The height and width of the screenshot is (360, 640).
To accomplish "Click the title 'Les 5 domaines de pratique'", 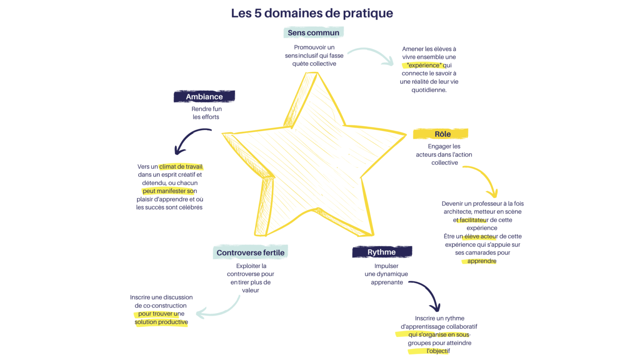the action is pyautogui.click(x=312, y=13).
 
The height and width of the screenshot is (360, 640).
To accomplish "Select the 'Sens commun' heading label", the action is pyautogui.click(x=313, y=32).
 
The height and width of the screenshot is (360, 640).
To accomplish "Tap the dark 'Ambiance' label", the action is pyautogui.click(x=204, y=97).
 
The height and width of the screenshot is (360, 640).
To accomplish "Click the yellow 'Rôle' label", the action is pyautogui.click(x=440, y=134).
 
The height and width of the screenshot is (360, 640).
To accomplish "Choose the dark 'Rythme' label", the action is pyautogui.click(x=382, y=252).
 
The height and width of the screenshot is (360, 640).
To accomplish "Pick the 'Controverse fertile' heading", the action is pyautogui.click(x=250, y=252).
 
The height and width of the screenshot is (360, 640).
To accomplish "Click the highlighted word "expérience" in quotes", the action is pyautogui.click(x=424, y=65).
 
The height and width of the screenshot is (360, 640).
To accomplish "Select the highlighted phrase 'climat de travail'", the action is pyautogui.click(x=181, y=167).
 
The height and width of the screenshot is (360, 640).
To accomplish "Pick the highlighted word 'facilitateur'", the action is pyautogui.click(x=473, y=220).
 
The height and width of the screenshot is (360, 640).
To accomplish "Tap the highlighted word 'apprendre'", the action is pyautogui.click(x=482, y=261).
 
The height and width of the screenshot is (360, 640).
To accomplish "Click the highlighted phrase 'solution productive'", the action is pyautogui.click(x=161, y=322).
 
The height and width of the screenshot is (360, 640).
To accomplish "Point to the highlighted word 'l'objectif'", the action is pyautogui.click(x=438, y=351).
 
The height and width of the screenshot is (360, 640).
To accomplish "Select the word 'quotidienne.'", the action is pyautogui.click(x=429, y=90).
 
